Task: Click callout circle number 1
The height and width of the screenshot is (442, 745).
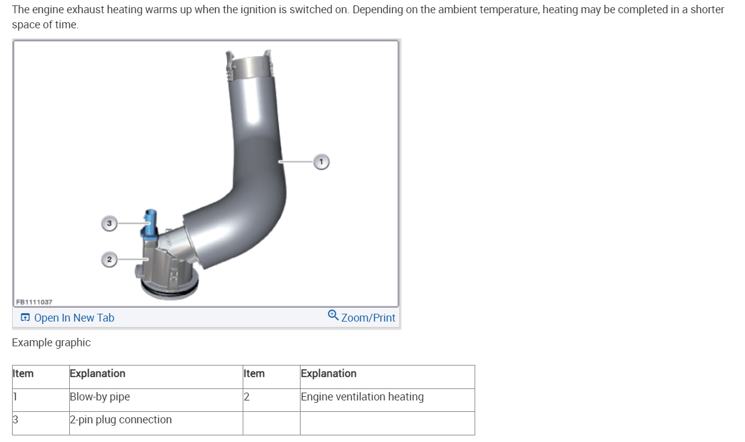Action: (321, 162)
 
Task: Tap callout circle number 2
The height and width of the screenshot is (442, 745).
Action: (109, 260)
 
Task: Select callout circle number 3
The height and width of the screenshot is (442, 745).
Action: (109, 223)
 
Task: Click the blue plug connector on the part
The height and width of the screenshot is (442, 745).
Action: (149, 225)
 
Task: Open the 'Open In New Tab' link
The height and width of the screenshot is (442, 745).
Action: (74, 317)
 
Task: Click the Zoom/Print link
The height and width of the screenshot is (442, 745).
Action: (368, 317)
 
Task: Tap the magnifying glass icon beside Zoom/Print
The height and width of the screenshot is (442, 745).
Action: (333, 315)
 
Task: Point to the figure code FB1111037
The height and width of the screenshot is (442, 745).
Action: (34, 302)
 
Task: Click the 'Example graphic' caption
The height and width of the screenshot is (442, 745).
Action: (51, 343)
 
